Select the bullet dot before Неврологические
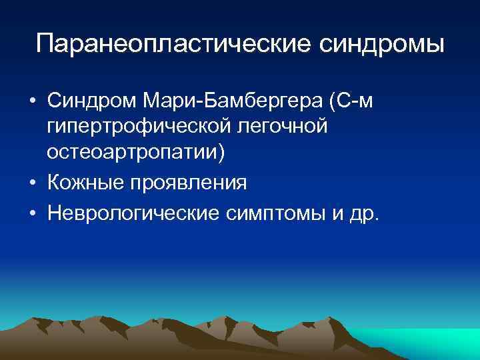[32, 215]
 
